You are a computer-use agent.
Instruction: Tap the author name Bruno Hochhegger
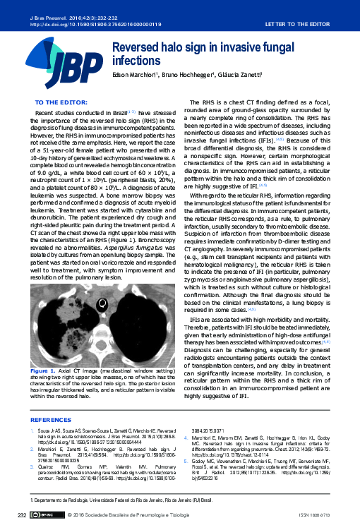pyautogui.click(x=192, y=76)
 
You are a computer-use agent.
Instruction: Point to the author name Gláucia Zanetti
pyautogui.click(x=243, y=76)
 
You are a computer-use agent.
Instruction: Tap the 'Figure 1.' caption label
pyautogui.click(x=42, y=371)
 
